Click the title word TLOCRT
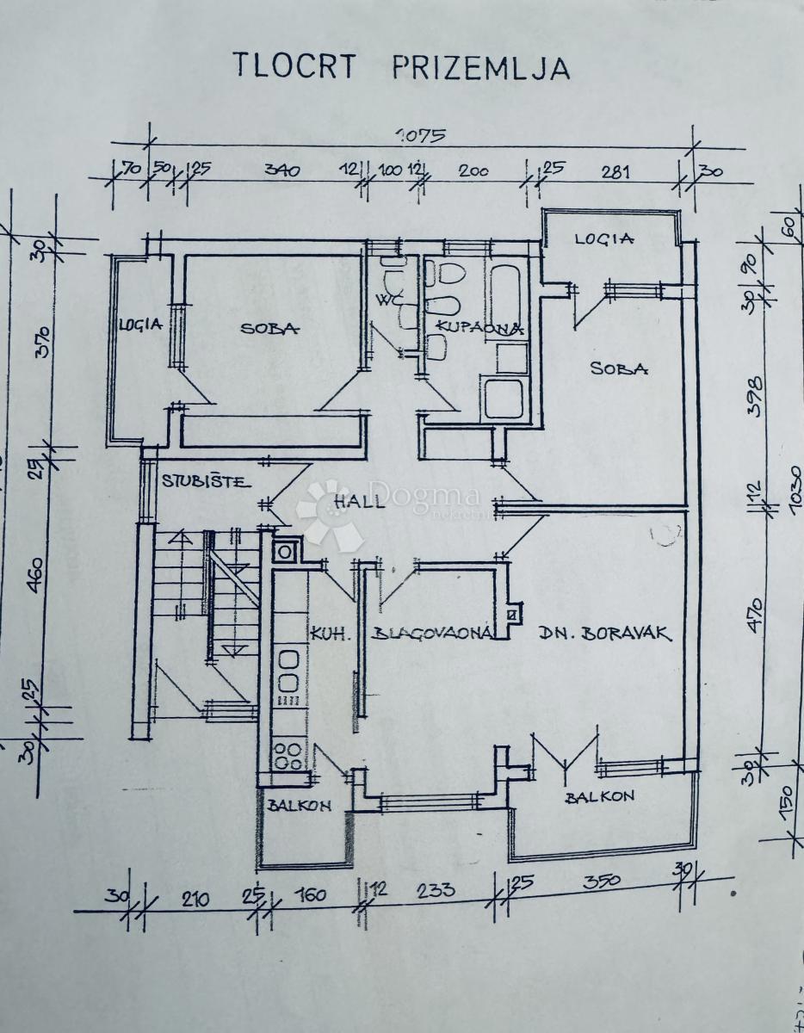coord(293,66)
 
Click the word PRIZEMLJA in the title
coord(480,67)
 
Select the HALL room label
coord(360,503)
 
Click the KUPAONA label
coord(479,327)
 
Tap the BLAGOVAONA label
coord(432,634)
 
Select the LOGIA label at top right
coord(604,239)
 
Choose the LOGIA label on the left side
coord(141,325)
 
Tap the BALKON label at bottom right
coord(599,797)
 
